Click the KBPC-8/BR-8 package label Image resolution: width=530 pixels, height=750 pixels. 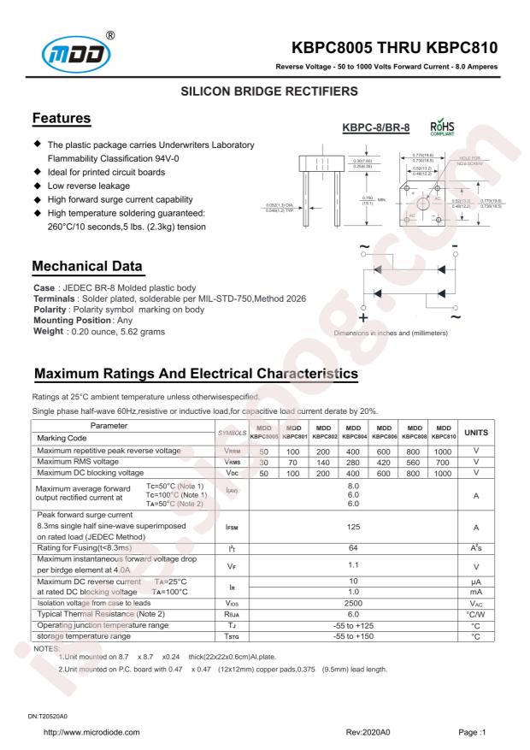coord(376,127)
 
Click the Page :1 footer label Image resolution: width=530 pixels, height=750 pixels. coord(472,733)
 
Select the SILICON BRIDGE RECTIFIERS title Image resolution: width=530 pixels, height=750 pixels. coord(265,90)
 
